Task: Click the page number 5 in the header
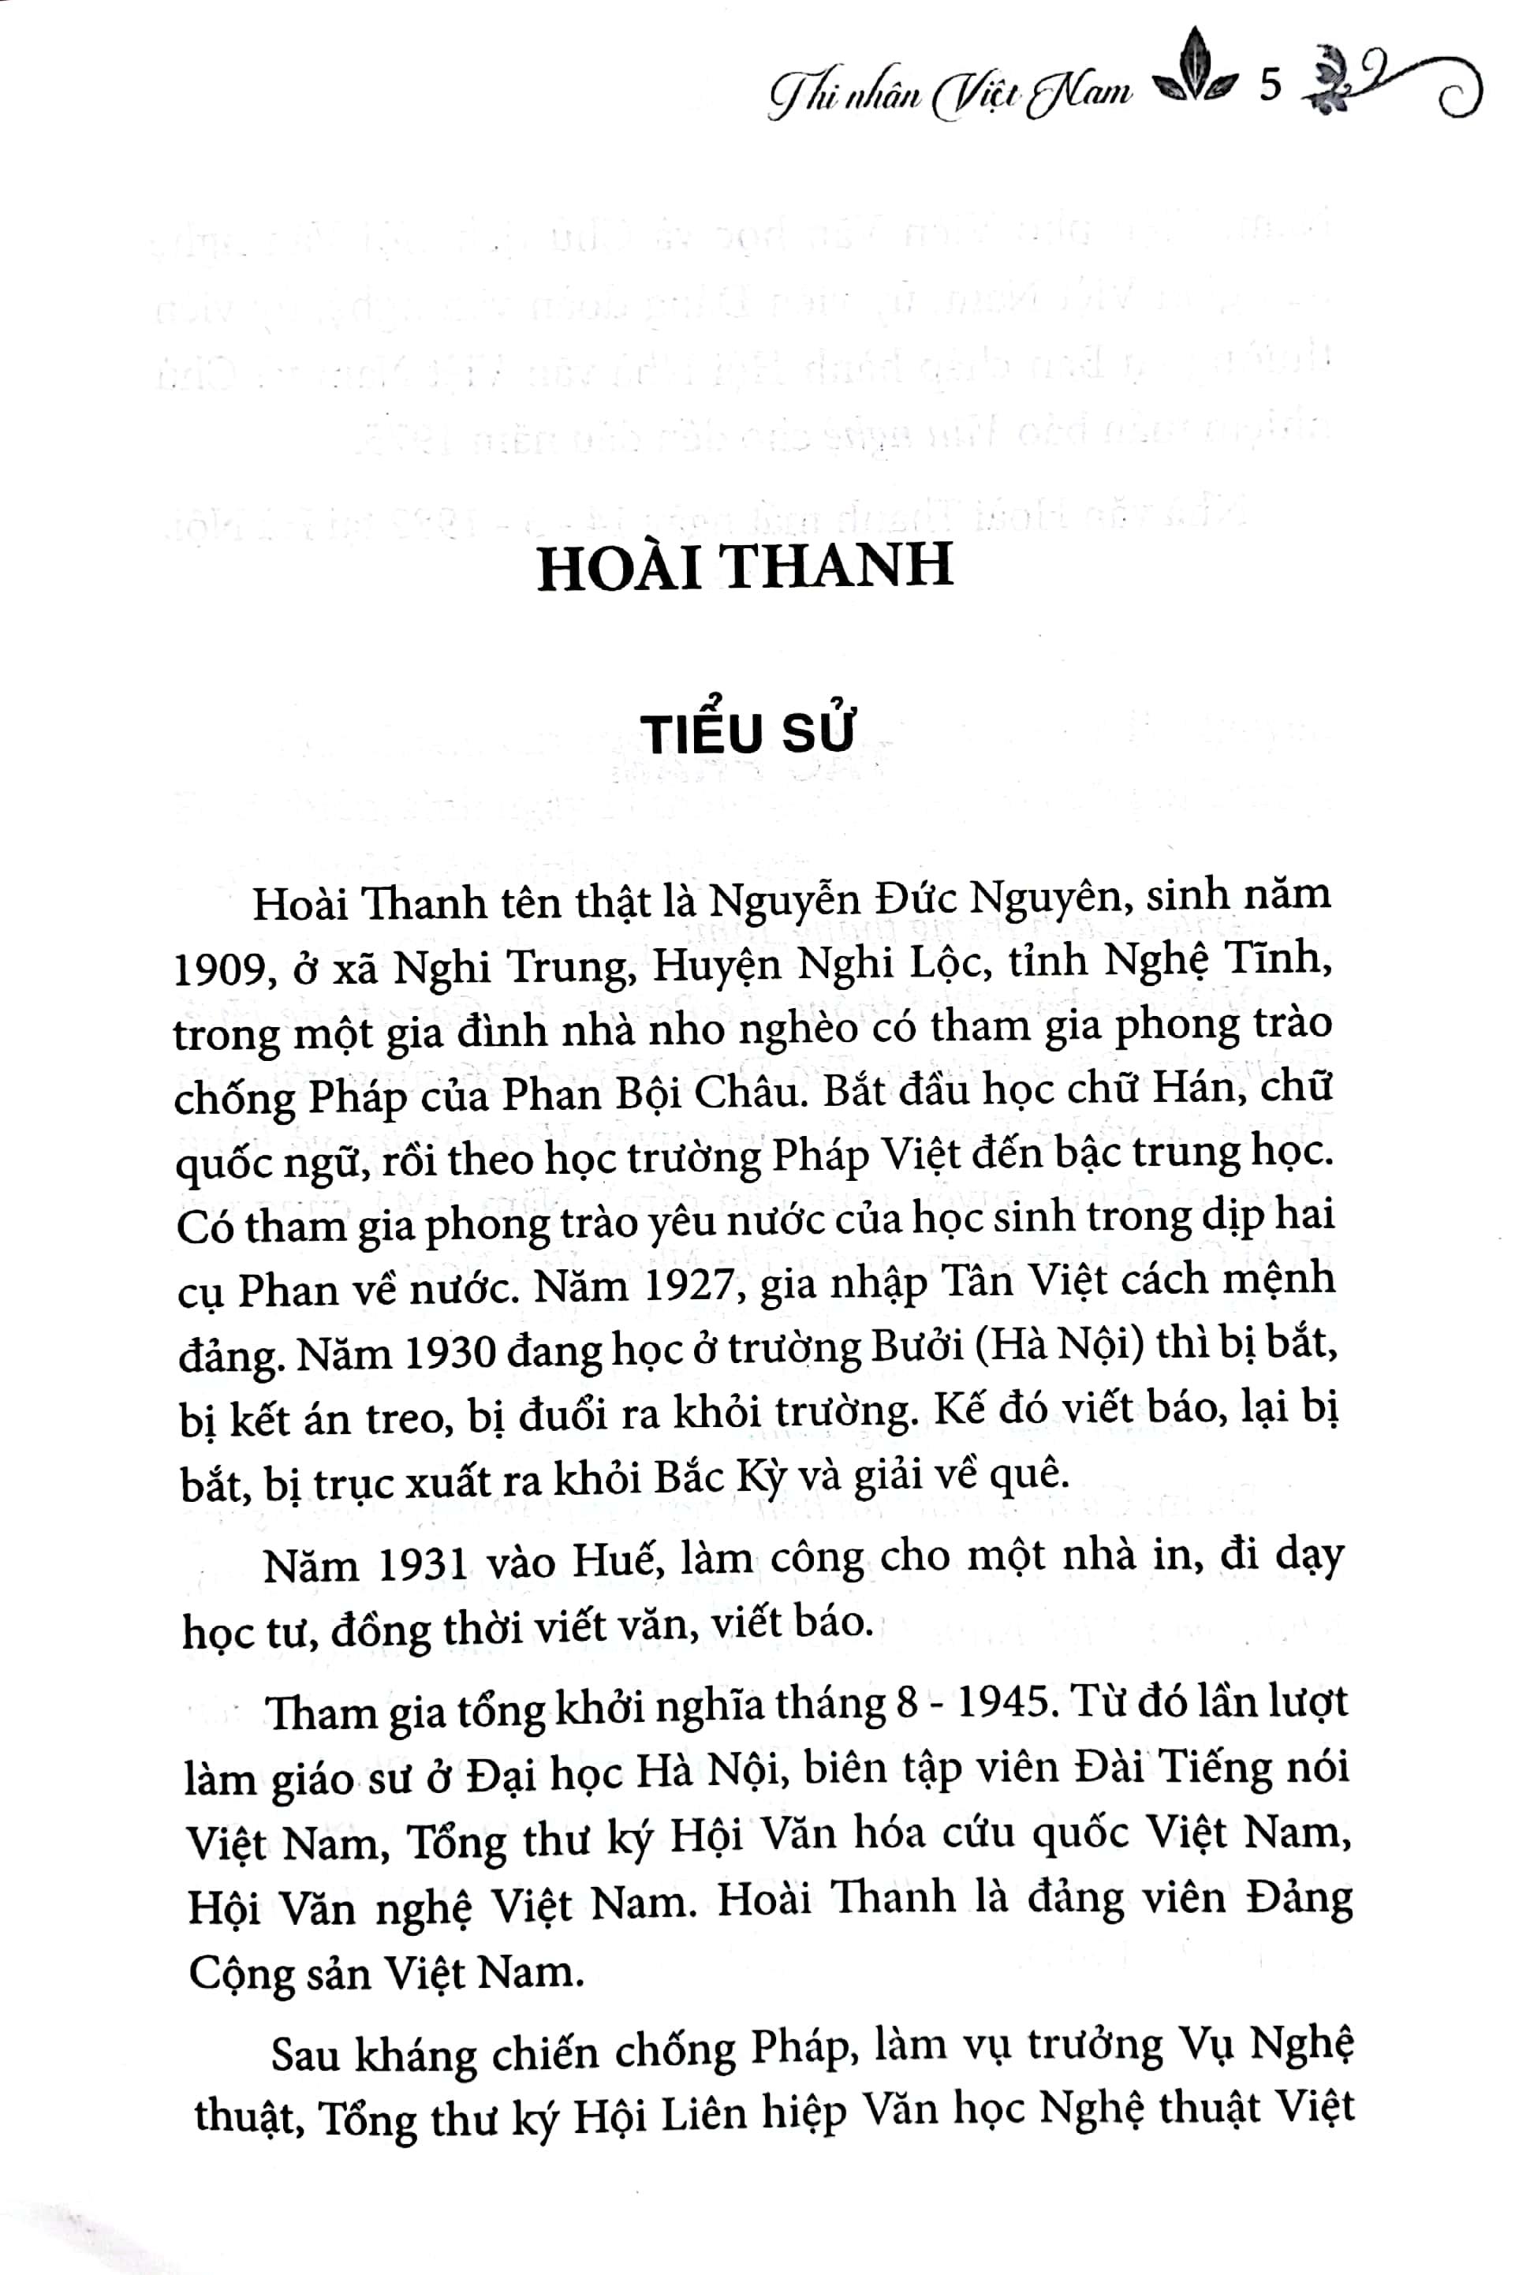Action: tap(1270, 86)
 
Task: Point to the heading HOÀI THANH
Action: tap(744, 567)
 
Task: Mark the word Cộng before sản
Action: tap(239, 1974)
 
